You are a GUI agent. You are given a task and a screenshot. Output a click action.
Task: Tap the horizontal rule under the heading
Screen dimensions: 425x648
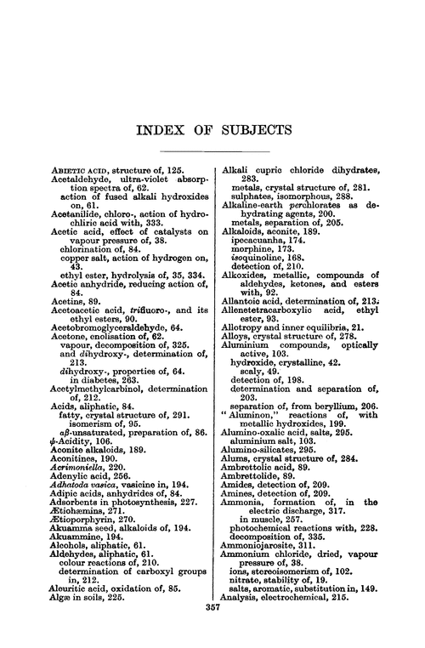(210, 151)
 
